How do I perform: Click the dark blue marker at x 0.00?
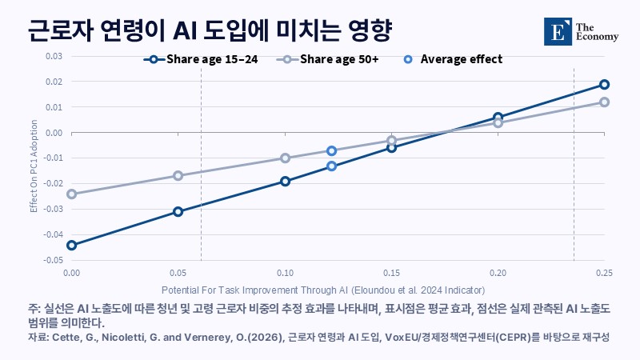[71, 246]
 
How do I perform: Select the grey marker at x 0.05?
[178, 176]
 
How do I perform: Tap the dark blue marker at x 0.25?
[605, 85]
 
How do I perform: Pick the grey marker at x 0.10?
[286, 158]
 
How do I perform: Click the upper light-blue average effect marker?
[331, 151]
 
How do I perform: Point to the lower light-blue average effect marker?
[331, 166]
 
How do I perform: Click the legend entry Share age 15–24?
[201, 59]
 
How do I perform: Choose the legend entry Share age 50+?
[328, 59]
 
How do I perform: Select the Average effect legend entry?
[453, 59]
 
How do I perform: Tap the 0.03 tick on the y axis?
[54, 56]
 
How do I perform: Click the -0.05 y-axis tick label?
[53, 260]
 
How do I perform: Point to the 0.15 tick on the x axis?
[391, 273]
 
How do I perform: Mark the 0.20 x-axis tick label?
[498, 273]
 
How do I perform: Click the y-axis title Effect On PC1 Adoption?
[34, 166]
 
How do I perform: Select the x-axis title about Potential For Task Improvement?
[323, 290]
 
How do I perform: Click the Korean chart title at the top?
[210, 30]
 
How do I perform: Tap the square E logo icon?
[558, 31]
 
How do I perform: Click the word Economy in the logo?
[597, 37]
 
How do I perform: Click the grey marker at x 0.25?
[605, 102]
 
